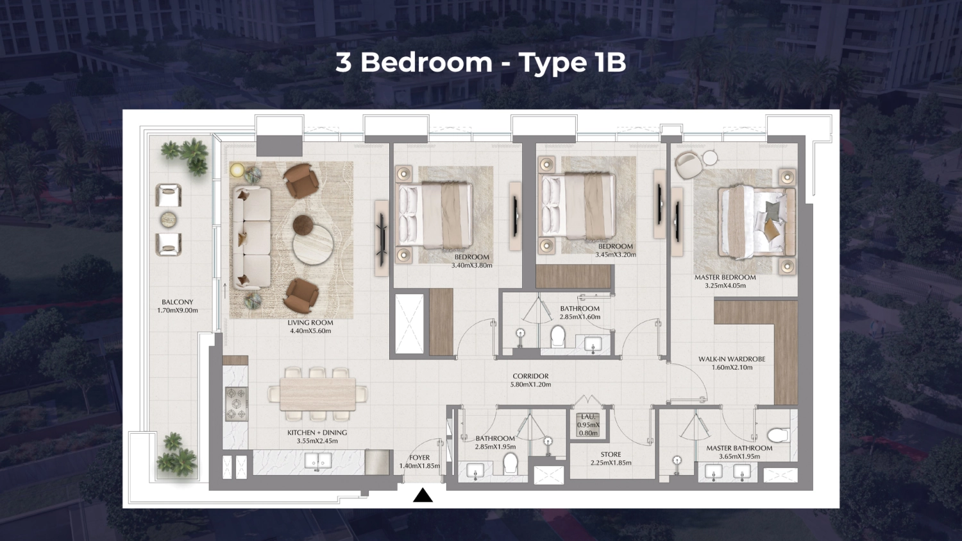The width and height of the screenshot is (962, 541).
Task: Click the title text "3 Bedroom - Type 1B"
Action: coord(480,62)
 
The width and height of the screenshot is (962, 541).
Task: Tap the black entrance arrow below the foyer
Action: coord(423,495)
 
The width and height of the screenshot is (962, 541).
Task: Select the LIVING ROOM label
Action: coord(310,327)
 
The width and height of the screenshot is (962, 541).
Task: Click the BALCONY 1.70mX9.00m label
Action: coord(178,306)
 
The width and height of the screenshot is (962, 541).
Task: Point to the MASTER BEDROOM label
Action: coord(725,281)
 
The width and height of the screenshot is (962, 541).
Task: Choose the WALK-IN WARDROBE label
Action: coord(732,363)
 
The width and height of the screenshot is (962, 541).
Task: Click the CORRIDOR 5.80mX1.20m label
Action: coord(530,380)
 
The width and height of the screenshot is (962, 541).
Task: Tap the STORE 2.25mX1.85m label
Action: coord(611,458)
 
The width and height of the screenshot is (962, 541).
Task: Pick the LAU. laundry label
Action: coord(588,425)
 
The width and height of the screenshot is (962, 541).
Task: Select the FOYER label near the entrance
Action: coord(419,461)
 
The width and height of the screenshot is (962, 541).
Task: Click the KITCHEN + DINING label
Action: coord(317,436)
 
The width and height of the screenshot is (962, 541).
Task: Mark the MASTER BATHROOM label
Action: coord(739,452)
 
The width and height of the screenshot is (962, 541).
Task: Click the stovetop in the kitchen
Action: coord(236,404)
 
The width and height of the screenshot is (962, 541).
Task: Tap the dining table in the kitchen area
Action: coord(317,393)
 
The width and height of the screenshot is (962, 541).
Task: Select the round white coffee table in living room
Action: coord(313,246)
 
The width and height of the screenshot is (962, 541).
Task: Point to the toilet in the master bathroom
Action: coord(777,436)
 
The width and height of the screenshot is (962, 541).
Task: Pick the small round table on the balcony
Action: coord(169,220)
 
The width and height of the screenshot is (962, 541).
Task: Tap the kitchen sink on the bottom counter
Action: coord(318,460)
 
